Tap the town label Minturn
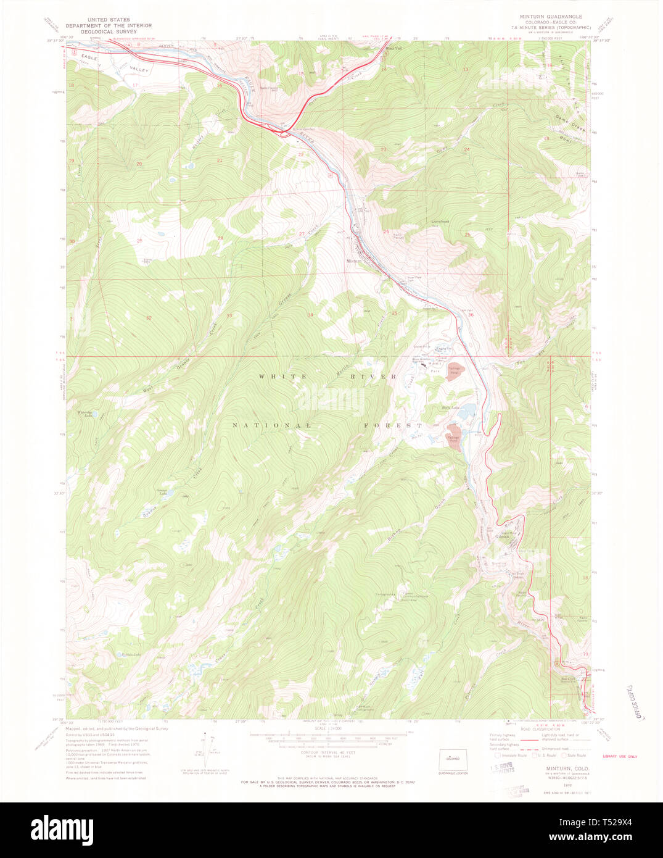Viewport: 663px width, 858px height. point(353,261)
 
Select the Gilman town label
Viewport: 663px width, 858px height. point(502,536)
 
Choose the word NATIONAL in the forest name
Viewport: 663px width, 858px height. point(273,425)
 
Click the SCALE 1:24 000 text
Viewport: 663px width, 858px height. point(329,728)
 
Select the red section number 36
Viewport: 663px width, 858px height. point(471,315)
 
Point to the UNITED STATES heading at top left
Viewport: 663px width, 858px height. point(109,20)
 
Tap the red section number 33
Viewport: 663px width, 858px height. point(229,315)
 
